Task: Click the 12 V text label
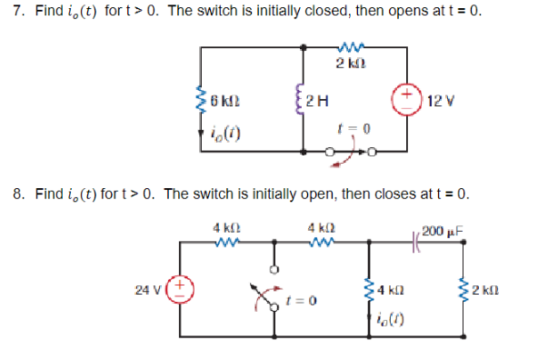(441, 98)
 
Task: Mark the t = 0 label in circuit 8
(301, 301)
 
